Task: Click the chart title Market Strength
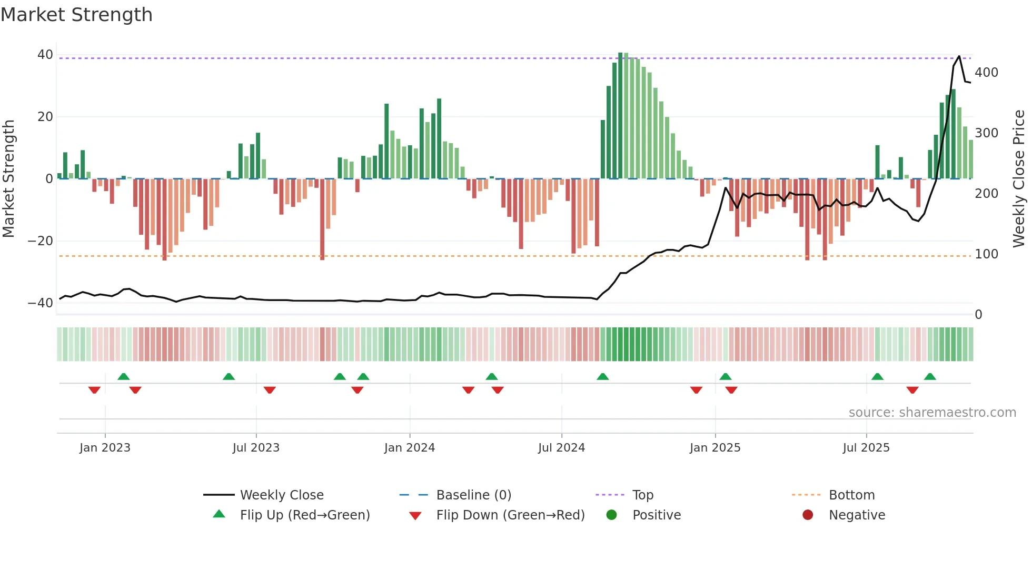[77, 15]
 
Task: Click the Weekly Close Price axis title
[1019, 178]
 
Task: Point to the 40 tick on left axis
[45, 55]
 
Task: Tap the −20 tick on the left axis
[41, 241]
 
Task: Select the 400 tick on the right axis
[986, 73]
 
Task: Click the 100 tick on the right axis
[986, 254]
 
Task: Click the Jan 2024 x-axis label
[410, 448]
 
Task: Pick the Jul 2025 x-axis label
[866, 448]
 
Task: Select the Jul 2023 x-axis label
[256, 448]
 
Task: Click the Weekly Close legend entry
[282, 495]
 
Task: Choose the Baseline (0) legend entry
[473, 495]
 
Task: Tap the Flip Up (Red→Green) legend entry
[305, 515]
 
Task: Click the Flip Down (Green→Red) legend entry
[510, 515]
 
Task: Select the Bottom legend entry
[851, 495]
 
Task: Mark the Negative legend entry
[857, 515]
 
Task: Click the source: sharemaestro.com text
[932, 413]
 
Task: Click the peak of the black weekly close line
[959, 56]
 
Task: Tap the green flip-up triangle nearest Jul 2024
[603, 376]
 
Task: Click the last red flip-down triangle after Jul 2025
[912, 390]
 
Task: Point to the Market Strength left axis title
[9, 178]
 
